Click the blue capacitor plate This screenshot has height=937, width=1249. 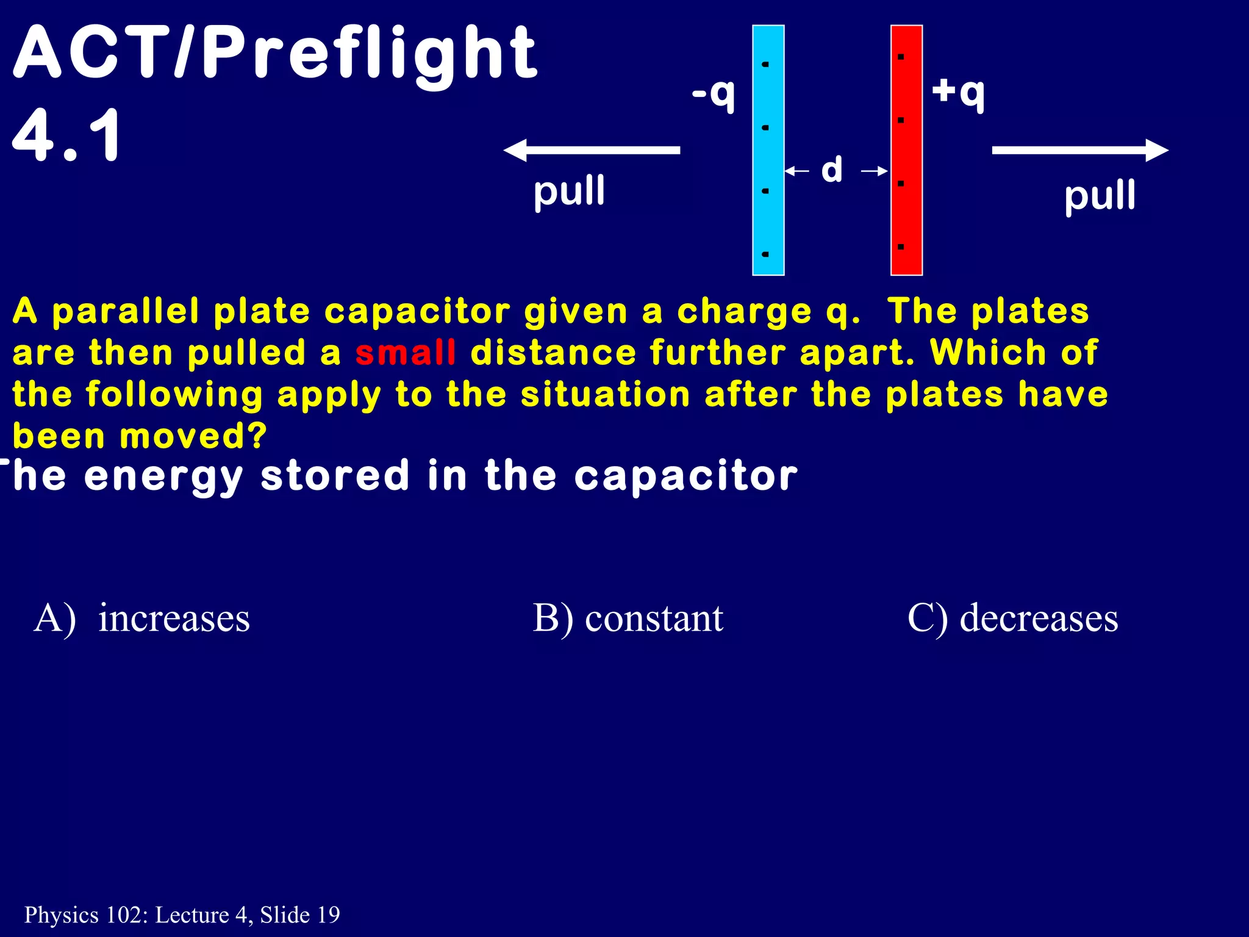[x=768, y=150]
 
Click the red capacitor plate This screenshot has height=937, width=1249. [x=906, y=150]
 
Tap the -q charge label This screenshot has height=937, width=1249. [x=713, y=94]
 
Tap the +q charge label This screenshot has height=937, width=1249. [x=958, y=93]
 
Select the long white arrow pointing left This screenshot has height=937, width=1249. [x=591, y=150]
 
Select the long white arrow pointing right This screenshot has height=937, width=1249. [x=1080, y=150]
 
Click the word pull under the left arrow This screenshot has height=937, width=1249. [x=569, y=192]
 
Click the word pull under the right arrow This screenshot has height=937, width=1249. [x=1100, y=196]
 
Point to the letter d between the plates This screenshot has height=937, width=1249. [x=832, y=170]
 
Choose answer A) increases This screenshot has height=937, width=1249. [x=142, y=618]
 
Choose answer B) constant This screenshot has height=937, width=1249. [x=628, y=618]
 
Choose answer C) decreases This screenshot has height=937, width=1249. [x=1012, y=618]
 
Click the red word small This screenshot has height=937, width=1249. [x=406, y=353]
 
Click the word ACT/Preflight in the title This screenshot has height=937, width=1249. [x=274, y=54]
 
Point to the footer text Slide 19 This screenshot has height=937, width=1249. [x=299, y=914]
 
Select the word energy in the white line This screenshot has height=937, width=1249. [x=163, y=477]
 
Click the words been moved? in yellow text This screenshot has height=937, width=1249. [x=140, y=436]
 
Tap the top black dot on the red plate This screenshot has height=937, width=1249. [x=901, y=57]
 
